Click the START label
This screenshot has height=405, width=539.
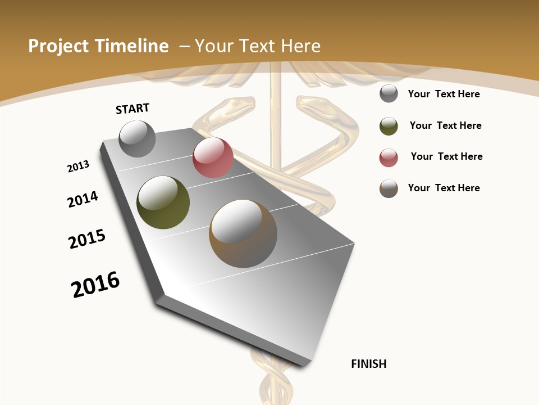pos(133,109)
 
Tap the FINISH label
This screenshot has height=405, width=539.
pos(368,364)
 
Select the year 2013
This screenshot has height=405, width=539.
pos(78,166)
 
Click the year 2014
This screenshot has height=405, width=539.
pos(83,199)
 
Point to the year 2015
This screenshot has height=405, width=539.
pos(87,239)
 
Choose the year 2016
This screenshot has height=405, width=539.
pos(95,284)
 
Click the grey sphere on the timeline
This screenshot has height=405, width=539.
pos(137,139)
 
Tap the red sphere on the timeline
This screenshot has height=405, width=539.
pos(213,157)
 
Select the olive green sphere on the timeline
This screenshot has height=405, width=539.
pos(163,202)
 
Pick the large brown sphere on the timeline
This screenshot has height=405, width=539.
pos(243,233)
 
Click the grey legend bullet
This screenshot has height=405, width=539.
pos(389,94)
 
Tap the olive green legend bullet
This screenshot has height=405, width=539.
pos(389,126)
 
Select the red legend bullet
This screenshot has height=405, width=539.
pos(389,157)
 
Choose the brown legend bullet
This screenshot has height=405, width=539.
pos(389,188)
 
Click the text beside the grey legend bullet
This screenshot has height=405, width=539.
pos(444,94)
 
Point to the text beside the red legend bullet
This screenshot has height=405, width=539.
pos(446,156)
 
